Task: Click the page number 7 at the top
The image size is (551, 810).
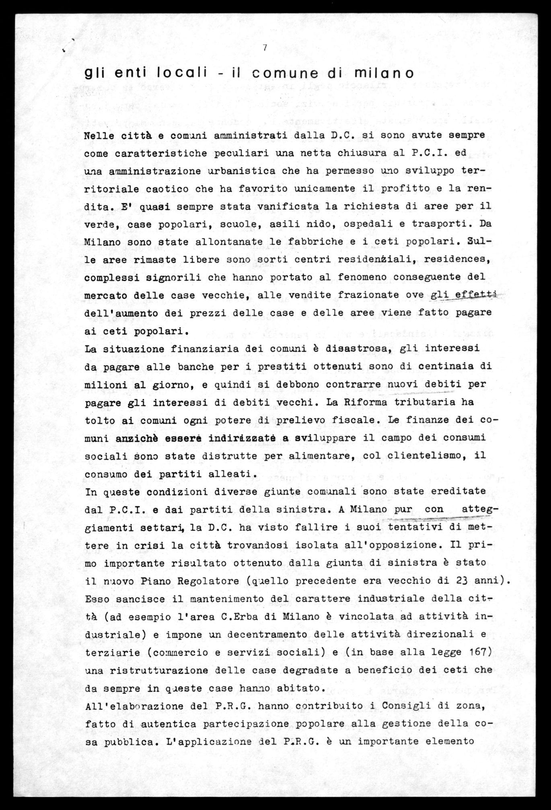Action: [265, 47]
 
